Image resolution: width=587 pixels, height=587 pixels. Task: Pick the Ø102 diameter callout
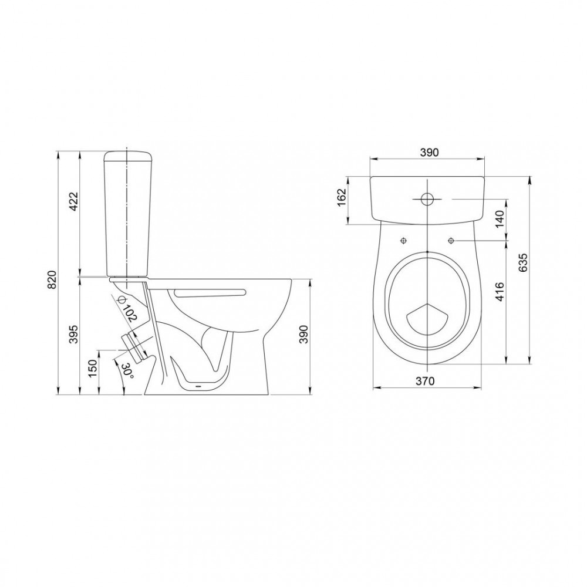(126, 308)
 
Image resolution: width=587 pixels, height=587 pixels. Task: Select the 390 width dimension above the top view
(429, 153)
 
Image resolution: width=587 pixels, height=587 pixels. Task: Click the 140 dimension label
(500, 219)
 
